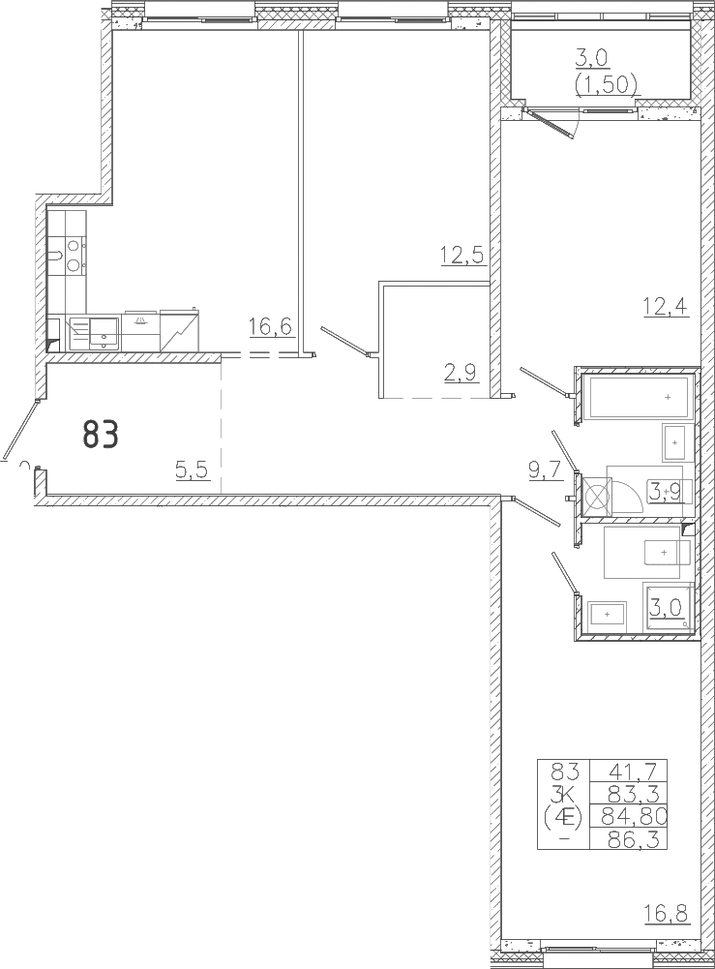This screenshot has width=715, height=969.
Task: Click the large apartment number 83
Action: point(101,435)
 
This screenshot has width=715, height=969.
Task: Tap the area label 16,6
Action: point(270,327)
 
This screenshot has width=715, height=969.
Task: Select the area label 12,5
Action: point(462,255)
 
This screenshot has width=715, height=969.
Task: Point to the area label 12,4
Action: point(666,307)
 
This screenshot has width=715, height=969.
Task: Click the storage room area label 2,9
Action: point(462,374)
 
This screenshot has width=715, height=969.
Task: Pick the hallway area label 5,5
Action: point(193,471)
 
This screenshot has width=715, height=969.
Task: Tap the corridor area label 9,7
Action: point(545,471)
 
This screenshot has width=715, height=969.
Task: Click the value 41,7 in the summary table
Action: point(629,772)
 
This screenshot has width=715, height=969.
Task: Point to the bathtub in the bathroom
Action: point(639,397)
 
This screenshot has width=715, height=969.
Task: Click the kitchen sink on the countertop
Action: point(104,333)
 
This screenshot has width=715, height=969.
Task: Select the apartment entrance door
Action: point(20,430)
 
